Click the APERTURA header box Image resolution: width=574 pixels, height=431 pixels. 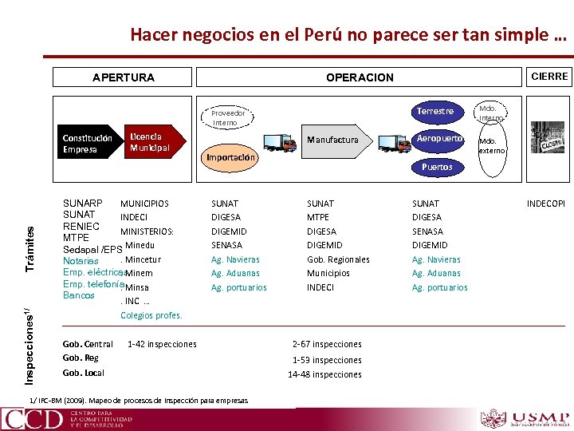[x=124, y=77]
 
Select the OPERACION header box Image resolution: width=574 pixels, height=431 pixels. [x=360, y=77]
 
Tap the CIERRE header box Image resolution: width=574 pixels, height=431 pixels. [x=549, y=77]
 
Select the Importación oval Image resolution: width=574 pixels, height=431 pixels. [x=232, y=157]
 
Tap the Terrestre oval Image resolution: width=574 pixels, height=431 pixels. [x=435, y=111]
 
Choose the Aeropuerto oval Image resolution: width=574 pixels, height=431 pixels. [x=439, y=138]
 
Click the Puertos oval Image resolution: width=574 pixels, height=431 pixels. [x=437, y=167]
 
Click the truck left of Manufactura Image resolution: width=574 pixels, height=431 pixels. [x=279, y=142]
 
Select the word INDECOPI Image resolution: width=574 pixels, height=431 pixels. [x=546, y=204]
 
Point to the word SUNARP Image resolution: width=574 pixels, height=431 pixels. [x=83, y=204]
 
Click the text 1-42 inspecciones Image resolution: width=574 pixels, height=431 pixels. [x=162, y=344]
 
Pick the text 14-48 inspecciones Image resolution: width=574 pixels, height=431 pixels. [x=324, y=374]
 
